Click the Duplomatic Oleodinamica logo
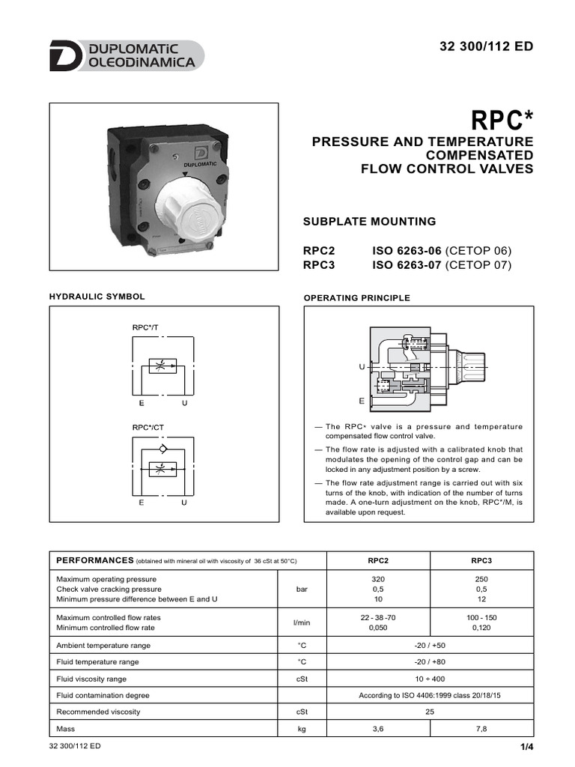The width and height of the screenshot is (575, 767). (x=126, y=56)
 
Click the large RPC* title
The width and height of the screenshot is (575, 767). (x=502, y=120)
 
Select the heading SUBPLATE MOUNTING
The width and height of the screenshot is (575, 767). (x=369, y=222)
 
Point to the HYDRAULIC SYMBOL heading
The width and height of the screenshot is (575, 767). (x=97, y=297)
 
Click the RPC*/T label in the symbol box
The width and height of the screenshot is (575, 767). (x=145, y=327)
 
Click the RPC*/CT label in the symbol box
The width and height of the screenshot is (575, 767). (x=147, y=428)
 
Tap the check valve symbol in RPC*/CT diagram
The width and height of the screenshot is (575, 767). (x=163, y=447)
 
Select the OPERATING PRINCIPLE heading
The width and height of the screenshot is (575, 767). (x=356, y=298)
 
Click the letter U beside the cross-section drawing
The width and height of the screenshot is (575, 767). (x=362, y=367)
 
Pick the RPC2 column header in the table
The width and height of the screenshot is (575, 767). (x=378, y=561)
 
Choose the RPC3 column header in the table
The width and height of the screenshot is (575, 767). (x=481, y=561)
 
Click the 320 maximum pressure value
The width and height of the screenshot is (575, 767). (x=378, y=579)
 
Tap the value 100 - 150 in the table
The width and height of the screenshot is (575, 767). (x=481, y=617)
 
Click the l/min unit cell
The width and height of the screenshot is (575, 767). (x=302, y=622)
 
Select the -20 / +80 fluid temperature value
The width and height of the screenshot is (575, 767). (x=430, y=661)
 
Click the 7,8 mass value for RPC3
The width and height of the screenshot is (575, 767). (x=481, y=728)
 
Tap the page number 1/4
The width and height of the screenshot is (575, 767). (x=526, y=748)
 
